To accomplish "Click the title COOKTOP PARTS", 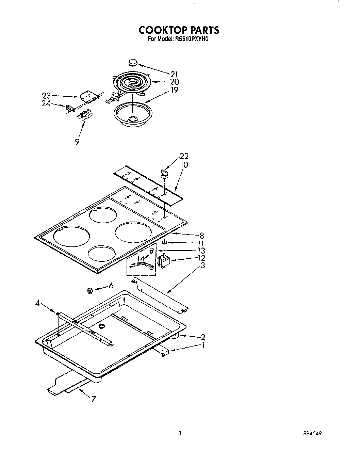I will click(179, 30).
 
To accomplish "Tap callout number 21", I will click(174, 74).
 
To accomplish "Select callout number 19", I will click(174, 90).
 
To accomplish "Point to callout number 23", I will click(46, 96).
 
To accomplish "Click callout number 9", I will click(78, 141).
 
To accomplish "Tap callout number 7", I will click(93, 399).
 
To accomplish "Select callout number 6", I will click(111, 286).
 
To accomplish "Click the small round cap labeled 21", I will click(133, 63).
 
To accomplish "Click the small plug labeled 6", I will click(90, 290).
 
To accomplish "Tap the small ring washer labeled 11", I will click(164, 242).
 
